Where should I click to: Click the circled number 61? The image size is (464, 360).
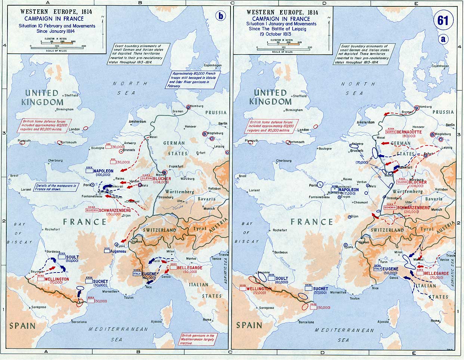pyautogui.click(x=443, y=21)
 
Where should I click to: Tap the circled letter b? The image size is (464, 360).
pyautogui.click(x=221, y=16)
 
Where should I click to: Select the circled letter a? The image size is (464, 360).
pyautogui.click(x=443, y=39)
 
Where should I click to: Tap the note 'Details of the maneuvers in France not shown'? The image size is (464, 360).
pyautogui.click(x=56, y=187)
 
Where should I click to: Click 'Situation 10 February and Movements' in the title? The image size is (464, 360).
pyautogui.click(x=57, y=26)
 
